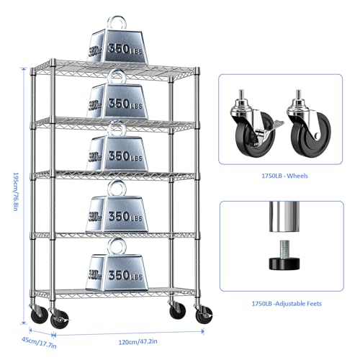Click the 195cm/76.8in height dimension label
click(x=15, y=192)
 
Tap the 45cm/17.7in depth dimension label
click(x=39, y=343)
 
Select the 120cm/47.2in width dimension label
click(x=138, y=341)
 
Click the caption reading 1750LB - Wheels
click(x=284, y=176)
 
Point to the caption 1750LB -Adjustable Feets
click(x=287, y=304)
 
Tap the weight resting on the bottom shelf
click(x=117, y=264)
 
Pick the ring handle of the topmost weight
click(x=117, y=23)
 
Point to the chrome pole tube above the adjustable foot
click(x=284, y=217)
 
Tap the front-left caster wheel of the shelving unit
click(x=59, y=319)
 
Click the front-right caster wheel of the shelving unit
click(x=204, y=315)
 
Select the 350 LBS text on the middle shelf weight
click(x=125, y=156)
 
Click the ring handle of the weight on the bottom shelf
click(x=117, y=246)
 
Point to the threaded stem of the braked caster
click(x=241, y=95)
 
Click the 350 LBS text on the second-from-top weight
click(x=125, y=104)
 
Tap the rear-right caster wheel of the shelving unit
click(x=177, y=310)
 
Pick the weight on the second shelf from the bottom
click(x=117, y=207)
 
